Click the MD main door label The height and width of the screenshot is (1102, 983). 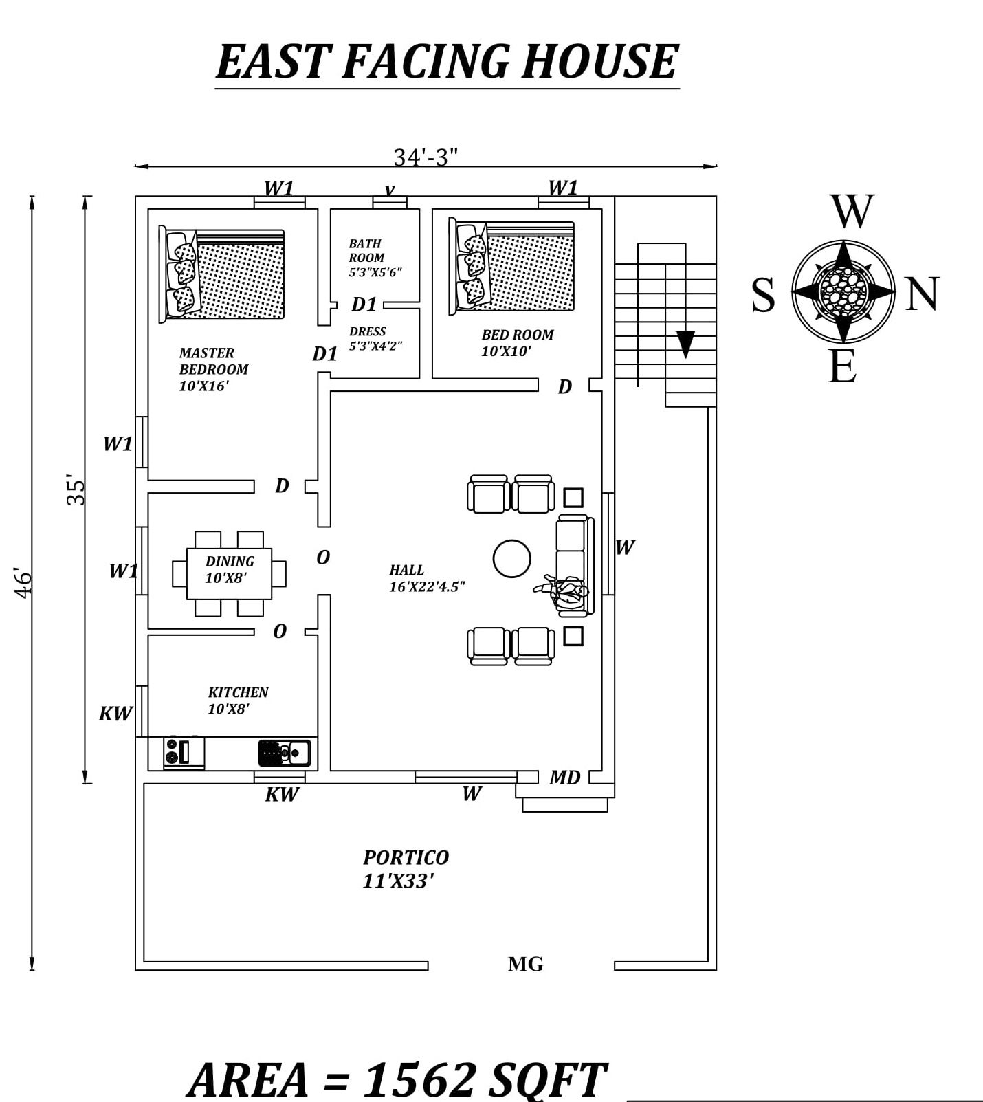click(564, 778)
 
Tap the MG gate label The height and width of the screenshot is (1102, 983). click(525, 964)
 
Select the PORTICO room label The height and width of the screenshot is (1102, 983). click(406, 858)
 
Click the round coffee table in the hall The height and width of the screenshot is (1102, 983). click(511, 558)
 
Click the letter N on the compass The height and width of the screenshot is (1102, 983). click(922, 294)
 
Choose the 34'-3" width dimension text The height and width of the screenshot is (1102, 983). click(426, 157)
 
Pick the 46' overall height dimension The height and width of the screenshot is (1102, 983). click(23, 583)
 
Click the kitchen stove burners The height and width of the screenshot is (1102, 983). click(172, 752)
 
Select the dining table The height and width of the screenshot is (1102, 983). click(229, 573)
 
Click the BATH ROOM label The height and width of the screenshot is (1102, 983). click(367, 250)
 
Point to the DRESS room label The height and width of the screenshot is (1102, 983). click(368, 331)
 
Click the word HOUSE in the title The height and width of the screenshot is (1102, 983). click(599, 61)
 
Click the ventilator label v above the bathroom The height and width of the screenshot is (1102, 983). click(390, 189)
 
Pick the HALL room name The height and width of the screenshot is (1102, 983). click(407, 570)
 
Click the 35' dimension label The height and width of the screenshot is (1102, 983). click(76, 489)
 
